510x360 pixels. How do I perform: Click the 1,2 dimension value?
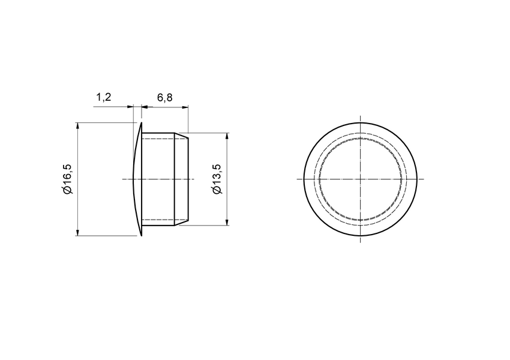pos(104,97)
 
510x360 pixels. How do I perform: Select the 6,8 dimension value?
pos(164,97)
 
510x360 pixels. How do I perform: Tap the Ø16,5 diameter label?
pos(67,179)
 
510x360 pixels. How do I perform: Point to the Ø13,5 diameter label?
pos(217,179)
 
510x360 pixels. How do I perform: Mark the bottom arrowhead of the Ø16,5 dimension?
pos(78,232)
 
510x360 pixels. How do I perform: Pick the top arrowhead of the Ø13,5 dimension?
pos(227,137)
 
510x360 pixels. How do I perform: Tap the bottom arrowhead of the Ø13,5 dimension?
pos(227,222)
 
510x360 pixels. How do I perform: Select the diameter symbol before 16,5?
pos(67,190)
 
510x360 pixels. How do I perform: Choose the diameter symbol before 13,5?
pos(217,190)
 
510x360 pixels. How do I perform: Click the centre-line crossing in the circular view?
pos(360,179)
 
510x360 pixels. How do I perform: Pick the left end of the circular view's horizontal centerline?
pos(298,179)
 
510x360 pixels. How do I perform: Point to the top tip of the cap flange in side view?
pos(141,124)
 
